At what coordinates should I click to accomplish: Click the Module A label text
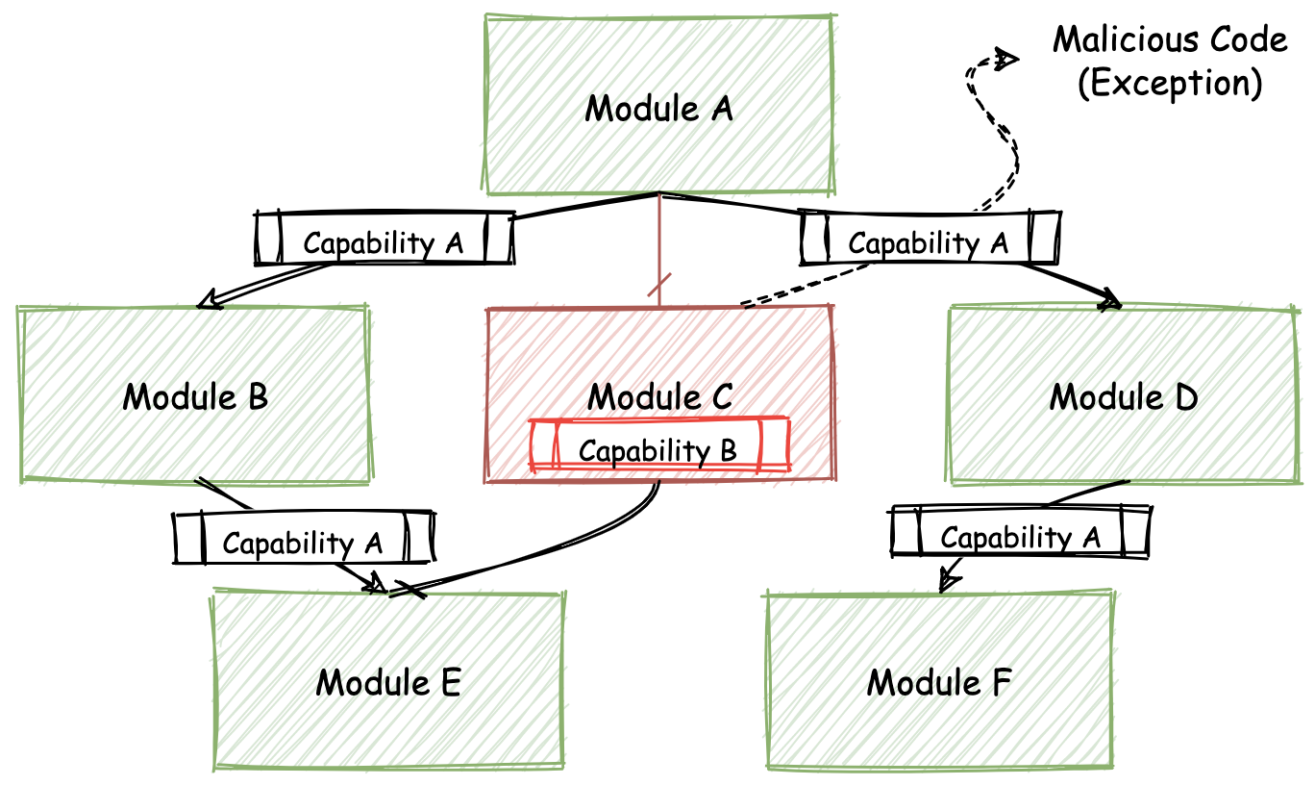pos(658,108)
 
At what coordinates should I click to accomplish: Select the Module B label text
pos(195,395)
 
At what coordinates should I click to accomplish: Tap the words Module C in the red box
pos(659,395)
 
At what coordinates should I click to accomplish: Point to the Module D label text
pos(1123,395)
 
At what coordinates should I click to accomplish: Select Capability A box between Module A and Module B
pos(384,240)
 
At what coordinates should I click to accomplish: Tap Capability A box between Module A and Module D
pos(930,240)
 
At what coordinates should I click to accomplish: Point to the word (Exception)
pos(1169,83)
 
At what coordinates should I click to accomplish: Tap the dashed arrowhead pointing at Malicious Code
pos(1005,60)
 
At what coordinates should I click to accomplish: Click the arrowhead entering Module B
pos(206,303)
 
